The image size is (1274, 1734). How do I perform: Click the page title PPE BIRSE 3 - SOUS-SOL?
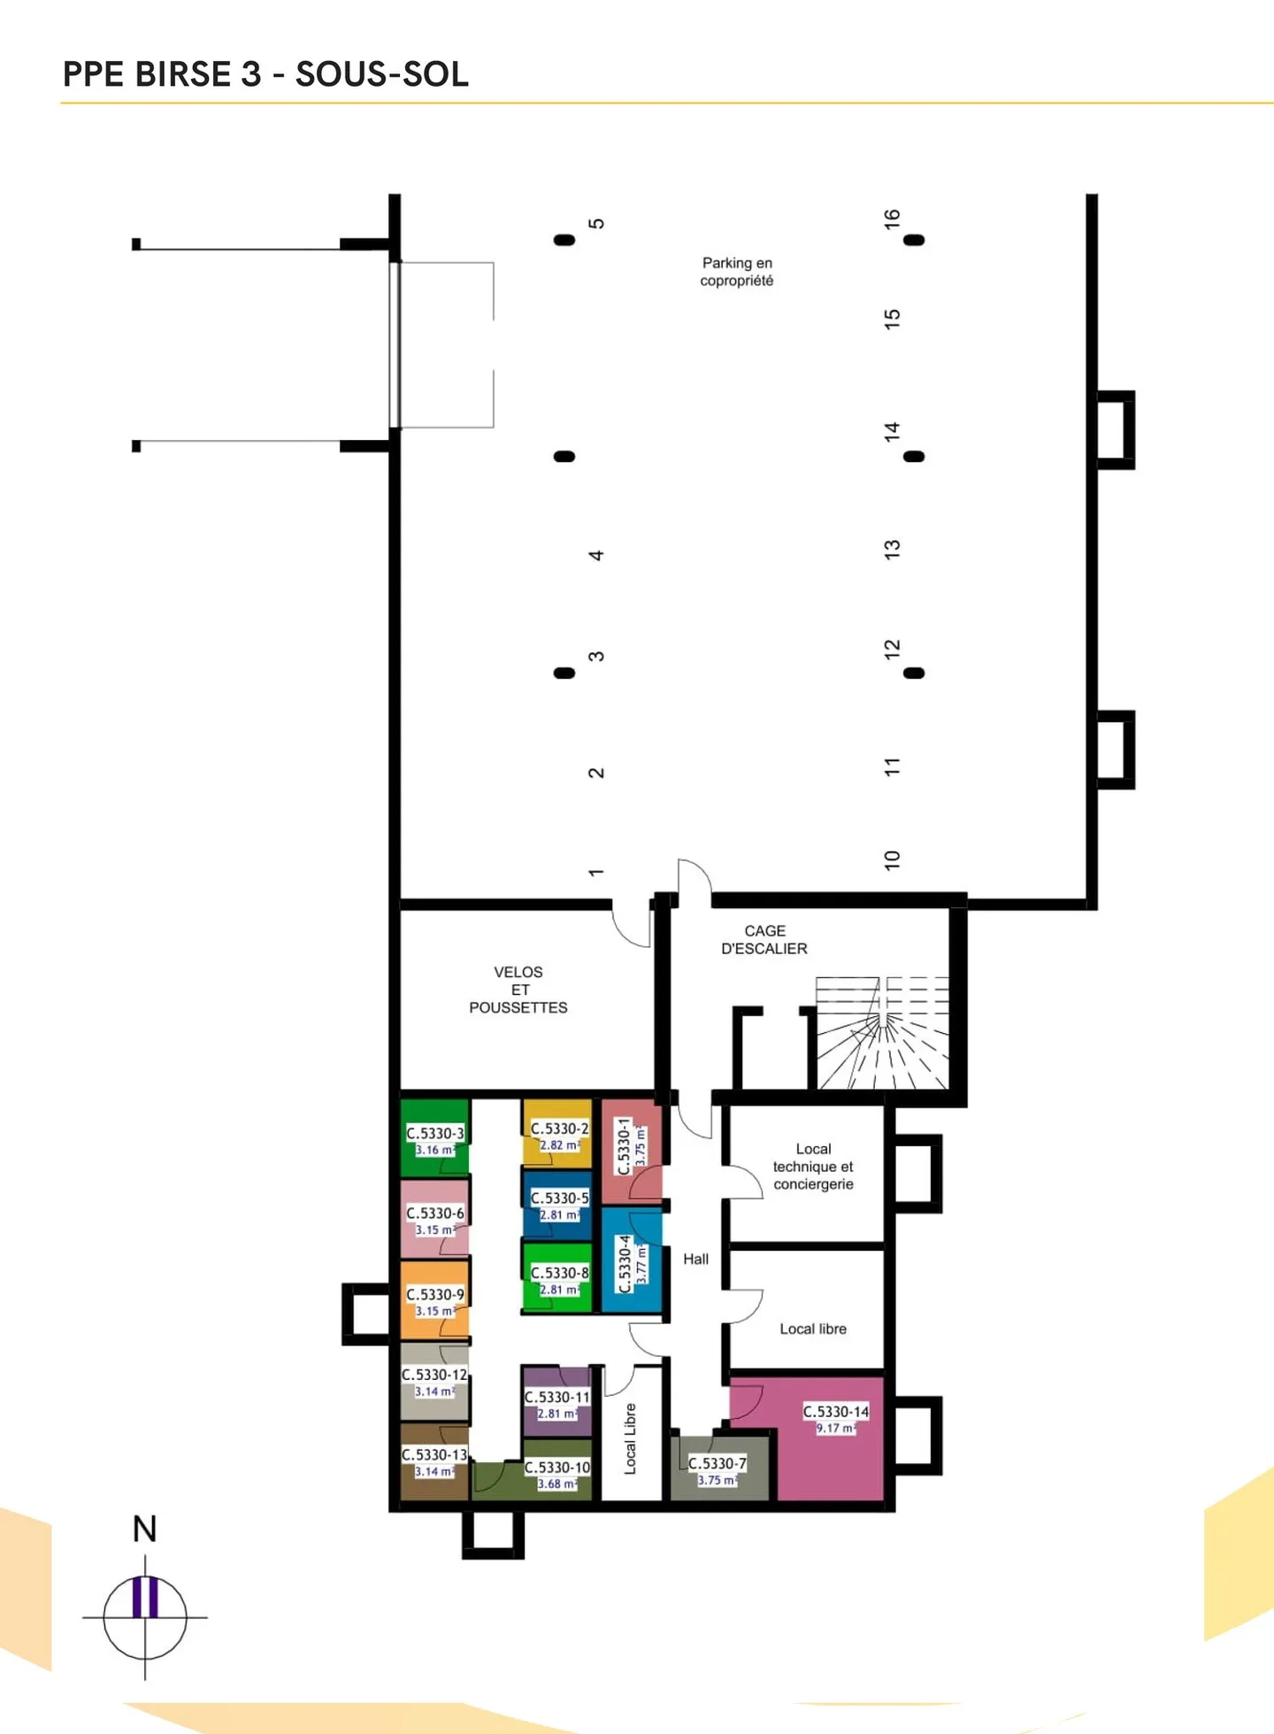(265, 74)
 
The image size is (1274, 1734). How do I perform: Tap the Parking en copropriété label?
(737, 272)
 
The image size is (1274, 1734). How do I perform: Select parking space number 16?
(892, 219)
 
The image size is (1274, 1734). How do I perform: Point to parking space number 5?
(597, 223)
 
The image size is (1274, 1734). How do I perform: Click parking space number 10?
(892, 859)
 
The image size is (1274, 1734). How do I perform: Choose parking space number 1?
(596, 873)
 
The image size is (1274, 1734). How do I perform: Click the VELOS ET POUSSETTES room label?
(518, 990)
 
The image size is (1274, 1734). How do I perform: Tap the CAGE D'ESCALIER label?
(764, 940)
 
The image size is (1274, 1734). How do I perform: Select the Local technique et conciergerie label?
(813, 1167)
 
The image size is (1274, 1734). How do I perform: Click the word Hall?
(695, 1259)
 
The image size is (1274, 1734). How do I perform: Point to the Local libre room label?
(813, 1329)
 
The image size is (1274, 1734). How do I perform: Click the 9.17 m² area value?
(835, 1428)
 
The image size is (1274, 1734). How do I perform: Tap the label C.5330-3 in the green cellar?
(434, 1133)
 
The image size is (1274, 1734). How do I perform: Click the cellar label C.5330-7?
(718, 1463)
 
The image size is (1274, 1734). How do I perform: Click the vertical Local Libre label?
(631, 1438)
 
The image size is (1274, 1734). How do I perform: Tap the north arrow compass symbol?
(145, 1616)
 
